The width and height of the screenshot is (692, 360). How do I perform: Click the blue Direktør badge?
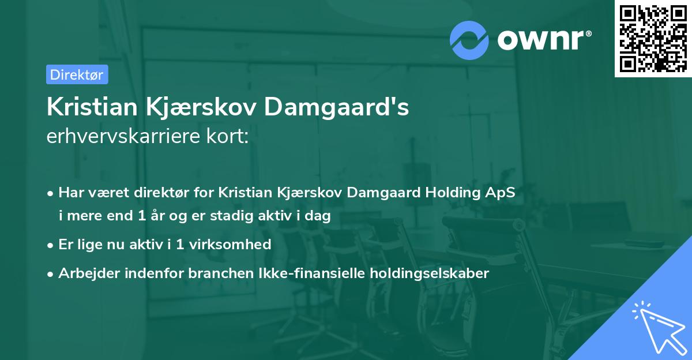pyautogui.click(x=77, y=74)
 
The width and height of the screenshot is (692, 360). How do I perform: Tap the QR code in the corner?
pyautogui.click(x=652, y=38)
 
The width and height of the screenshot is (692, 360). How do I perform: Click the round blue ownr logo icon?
pyautogui.click(x=469, y=40)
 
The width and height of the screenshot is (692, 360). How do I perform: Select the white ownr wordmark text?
pyautogui.click(x=543, y=40)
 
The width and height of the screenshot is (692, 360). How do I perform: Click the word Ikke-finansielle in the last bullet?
pyautogui.click(x=297, y=273)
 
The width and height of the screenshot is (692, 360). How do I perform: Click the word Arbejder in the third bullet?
pyautogui.click(x=85, y=273)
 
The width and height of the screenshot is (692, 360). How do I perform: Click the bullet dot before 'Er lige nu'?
pyautogui.click(x=51, y=245)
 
